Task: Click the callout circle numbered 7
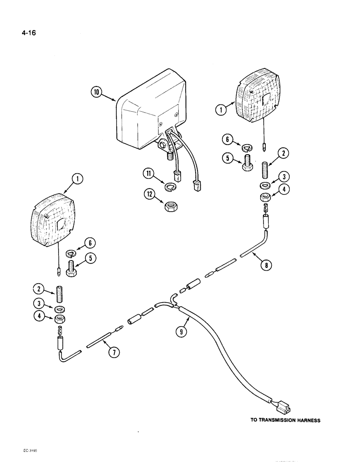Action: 114,353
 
